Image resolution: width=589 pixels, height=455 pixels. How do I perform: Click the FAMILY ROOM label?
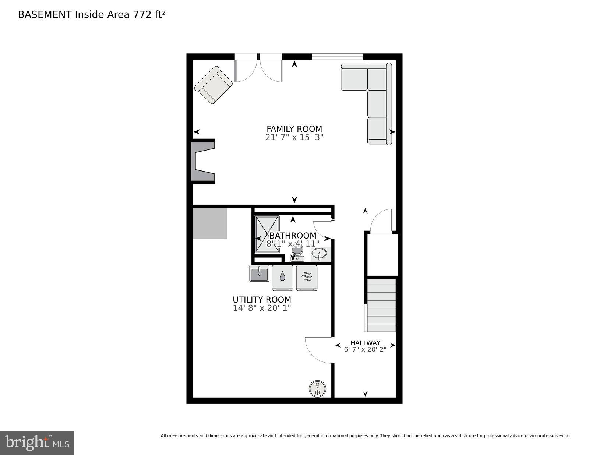click(x=294, y=129)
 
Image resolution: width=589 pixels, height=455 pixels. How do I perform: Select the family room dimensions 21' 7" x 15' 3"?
click(x=294, y=138)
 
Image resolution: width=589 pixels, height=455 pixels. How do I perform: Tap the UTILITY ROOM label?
click(x=262, y=300)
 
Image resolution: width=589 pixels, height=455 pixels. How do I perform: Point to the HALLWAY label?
click(x=365, y=343)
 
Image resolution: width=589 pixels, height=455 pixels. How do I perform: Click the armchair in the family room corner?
click(x=214, y=85)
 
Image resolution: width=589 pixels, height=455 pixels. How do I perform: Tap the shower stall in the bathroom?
click(x=267, y=234)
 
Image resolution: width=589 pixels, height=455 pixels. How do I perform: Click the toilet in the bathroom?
click(x=297, y=253)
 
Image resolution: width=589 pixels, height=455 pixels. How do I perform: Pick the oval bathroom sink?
click(x=319, y=254)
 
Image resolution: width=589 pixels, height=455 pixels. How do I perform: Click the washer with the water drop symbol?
click(x=282, y=278)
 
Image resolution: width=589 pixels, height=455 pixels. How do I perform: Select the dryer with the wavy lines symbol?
click(x=307, y=278)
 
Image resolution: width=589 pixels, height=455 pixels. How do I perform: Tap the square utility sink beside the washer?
click(x=259, y=274)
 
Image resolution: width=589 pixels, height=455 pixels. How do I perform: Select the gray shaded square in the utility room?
click(x=210, y=223)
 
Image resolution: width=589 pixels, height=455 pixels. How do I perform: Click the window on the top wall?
click(x=337, y=56)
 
